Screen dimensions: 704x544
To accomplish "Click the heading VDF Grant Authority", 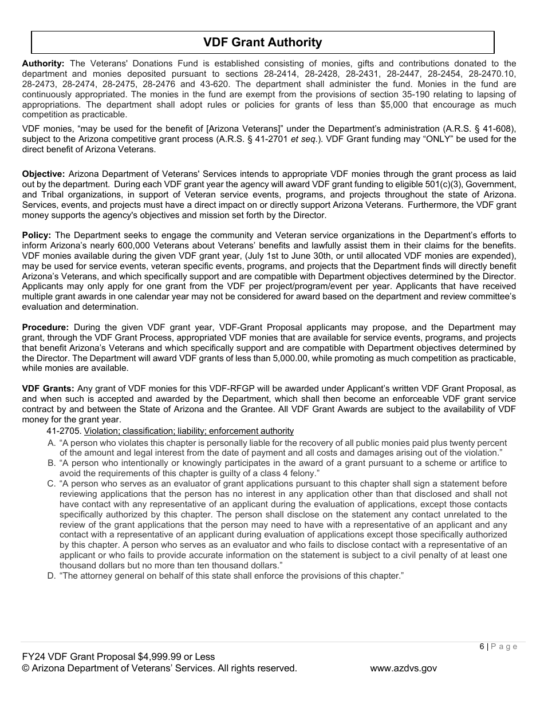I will click(x=262, y=42).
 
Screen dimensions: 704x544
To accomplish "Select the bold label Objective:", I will click(x=43, y=173).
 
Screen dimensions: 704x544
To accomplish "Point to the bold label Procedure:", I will click(x=45, y=327).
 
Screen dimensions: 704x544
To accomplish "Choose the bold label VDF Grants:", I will click(x=48, y=389).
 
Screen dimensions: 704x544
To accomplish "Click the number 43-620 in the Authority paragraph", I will click(x=215, y=84).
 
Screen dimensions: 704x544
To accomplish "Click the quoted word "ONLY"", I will click(x=440, y=139).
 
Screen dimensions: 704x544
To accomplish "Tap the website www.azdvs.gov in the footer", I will click(x=403, y=668).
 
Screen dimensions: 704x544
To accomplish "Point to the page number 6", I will click(x=482, y=646).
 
